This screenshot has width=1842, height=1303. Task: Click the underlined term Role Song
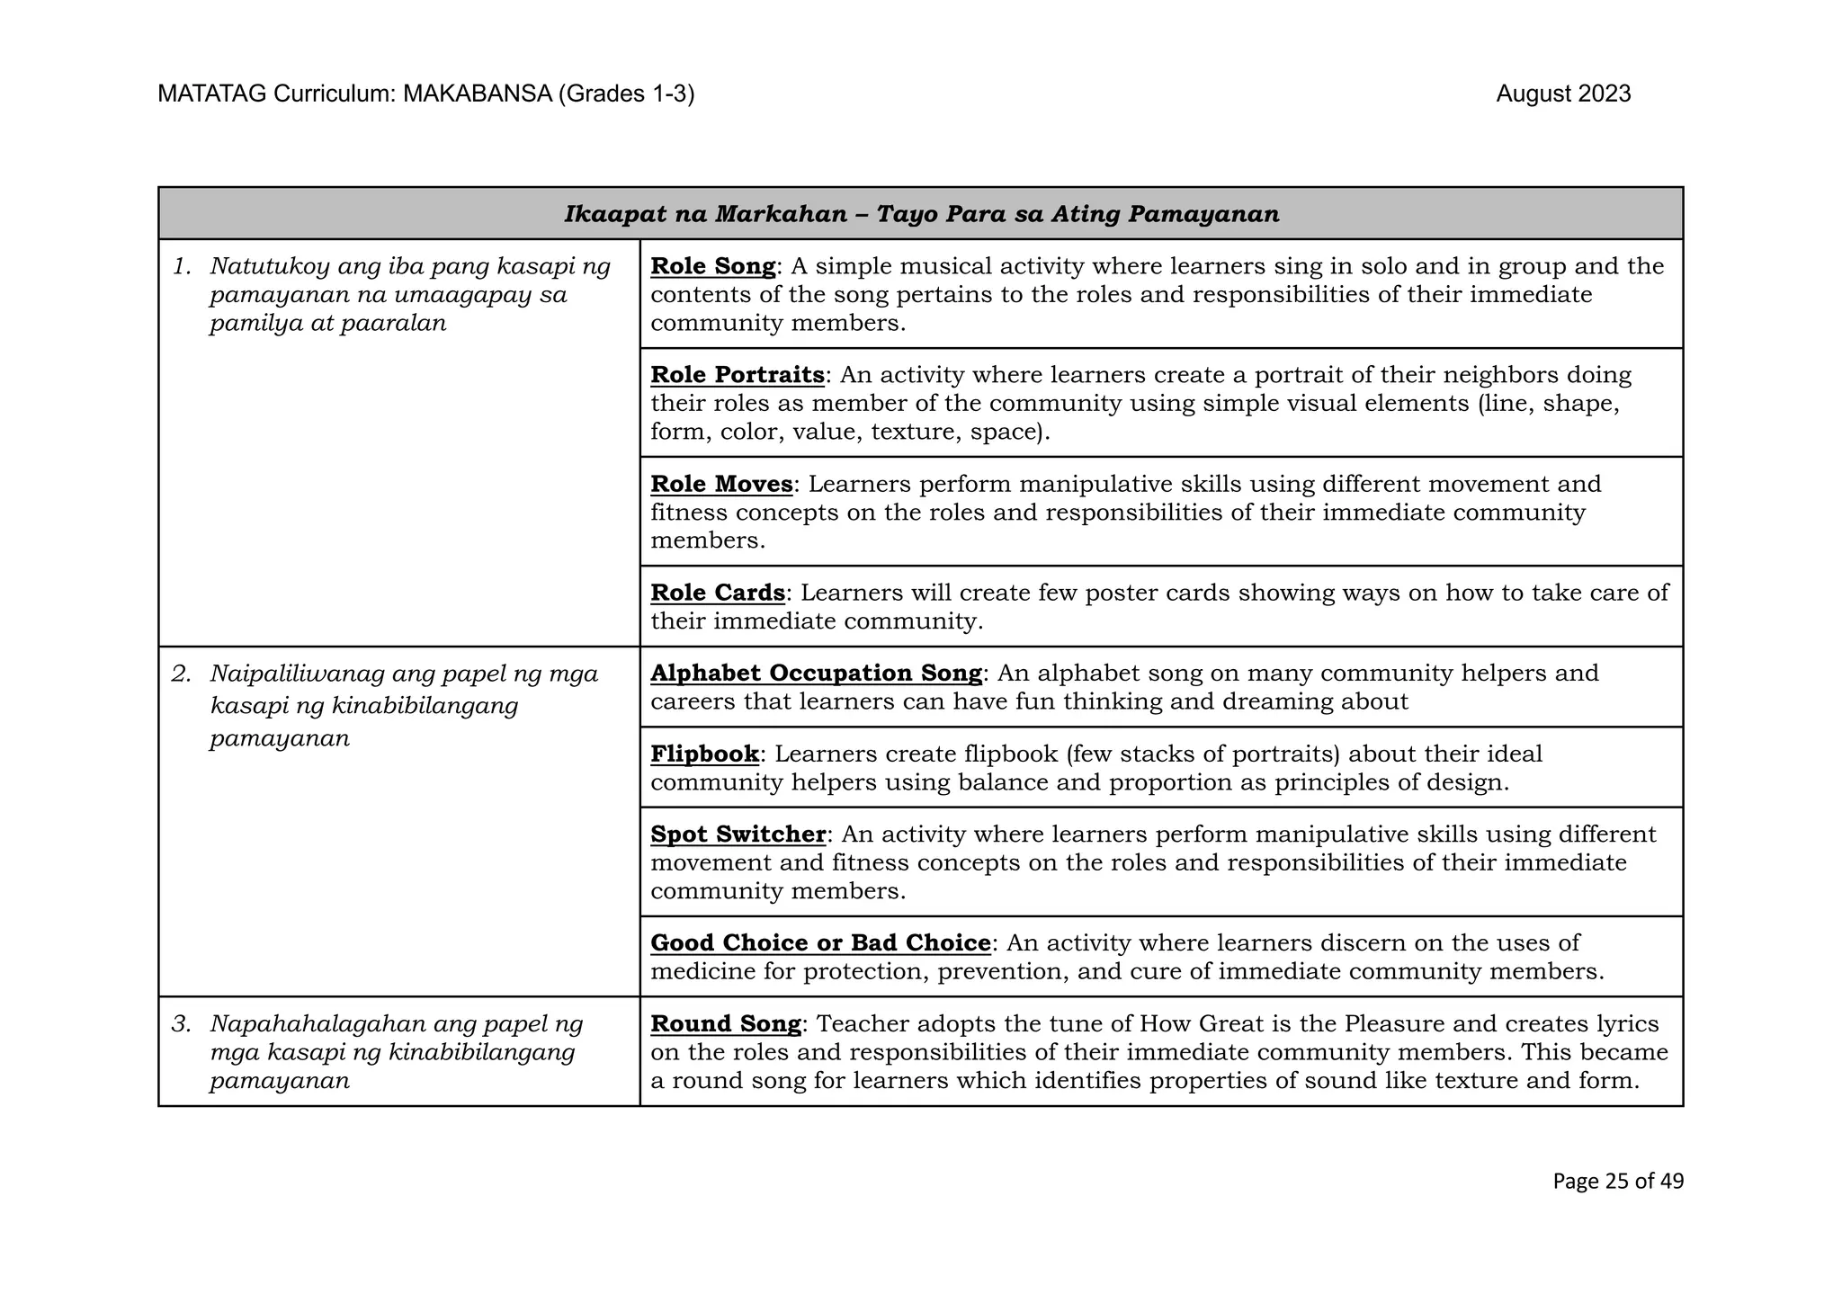point(712,266)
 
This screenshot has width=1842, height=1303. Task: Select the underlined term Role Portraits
point(737,375)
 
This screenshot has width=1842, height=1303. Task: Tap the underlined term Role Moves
point(721,484)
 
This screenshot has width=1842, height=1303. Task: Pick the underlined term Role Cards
point(718,593)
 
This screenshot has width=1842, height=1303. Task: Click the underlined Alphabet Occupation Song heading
point(816,673)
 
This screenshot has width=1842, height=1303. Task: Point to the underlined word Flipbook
point(704,754)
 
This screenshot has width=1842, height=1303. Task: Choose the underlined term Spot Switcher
point(738,834)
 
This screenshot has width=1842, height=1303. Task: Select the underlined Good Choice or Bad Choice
point(820,942)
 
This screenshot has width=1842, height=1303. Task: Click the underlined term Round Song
point(725,1023)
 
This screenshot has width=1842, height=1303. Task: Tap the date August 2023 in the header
point(1563,94)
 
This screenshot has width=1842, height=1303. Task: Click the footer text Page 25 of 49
point(1617,1181)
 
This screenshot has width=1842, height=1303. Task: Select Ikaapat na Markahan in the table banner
point(705,214)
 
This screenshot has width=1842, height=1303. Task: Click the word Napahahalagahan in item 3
point(317,1023)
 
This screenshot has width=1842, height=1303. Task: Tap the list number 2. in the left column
point(182,674)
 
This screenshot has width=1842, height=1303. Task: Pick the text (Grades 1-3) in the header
point(626,94)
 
